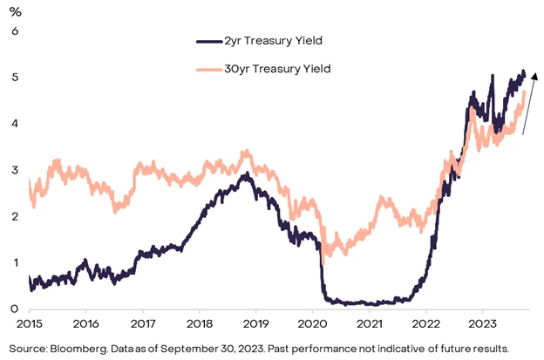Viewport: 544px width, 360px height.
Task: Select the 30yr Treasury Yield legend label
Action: (x=285, y=67)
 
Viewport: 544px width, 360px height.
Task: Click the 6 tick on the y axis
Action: (x=14, y=31)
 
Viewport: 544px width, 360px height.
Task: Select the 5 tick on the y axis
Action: (x=14, y=78)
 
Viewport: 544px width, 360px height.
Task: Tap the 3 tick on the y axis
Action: (x=14, y=170)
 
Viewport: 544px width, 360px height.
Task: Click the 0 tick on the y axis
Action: (x=14, y=309)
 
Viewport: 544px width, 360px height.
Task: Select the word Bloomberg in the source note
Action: (x=85, y=347)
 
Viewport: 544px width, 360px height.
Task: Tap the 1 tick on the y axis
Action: (x=14, y=262)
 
